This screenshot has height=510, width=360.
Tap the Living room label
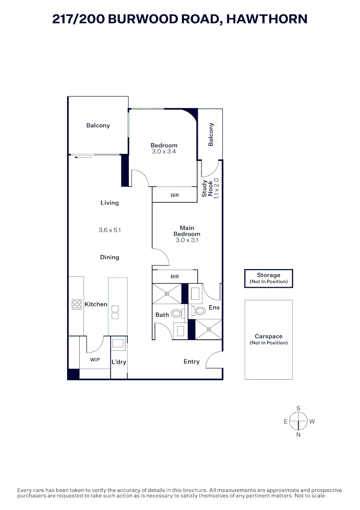tap(109, 203)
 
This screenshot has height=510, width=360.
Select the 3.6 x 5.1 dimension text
tap(109, 230)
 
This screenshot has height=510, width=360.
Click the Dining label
tap(109, 257)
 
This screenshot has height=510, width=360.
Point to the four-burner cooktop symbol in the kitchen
tap(77, 305)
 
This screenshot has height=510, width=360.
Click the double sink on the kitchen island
tap(115, 312)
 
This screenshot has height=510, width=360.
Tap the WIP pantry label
tap(95, 360)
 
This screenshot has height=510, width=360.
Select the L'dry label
tap(118, 362)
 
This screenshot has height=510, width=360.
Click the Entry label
tap(192, 362)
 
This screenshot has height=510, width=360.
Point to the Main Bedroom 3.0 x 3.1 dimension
tap(187, 240)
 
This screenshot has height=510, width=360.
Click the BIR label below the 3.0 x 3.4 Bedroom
tap(175, 195)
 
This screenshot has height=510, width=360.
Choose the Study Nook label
tap(207, 188)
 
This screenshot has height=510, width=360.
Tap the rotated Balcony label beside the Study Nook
tap(211, 135)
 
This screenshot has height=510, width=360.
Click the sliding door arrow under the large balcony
tap(83, 158)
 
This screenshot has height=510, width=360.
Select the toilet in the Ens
tap(199, 311)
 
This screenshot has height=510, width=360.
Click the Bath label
tap(162, 315)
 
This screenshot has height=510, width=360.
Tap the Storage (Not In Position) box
tap(268, 278)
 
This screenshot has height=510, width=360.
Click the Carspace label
tap(268, 337)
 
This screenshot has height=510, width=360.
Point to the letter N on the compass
tap(298, 435)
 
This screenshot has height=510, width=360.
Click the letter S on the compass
tap(298, 408)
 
